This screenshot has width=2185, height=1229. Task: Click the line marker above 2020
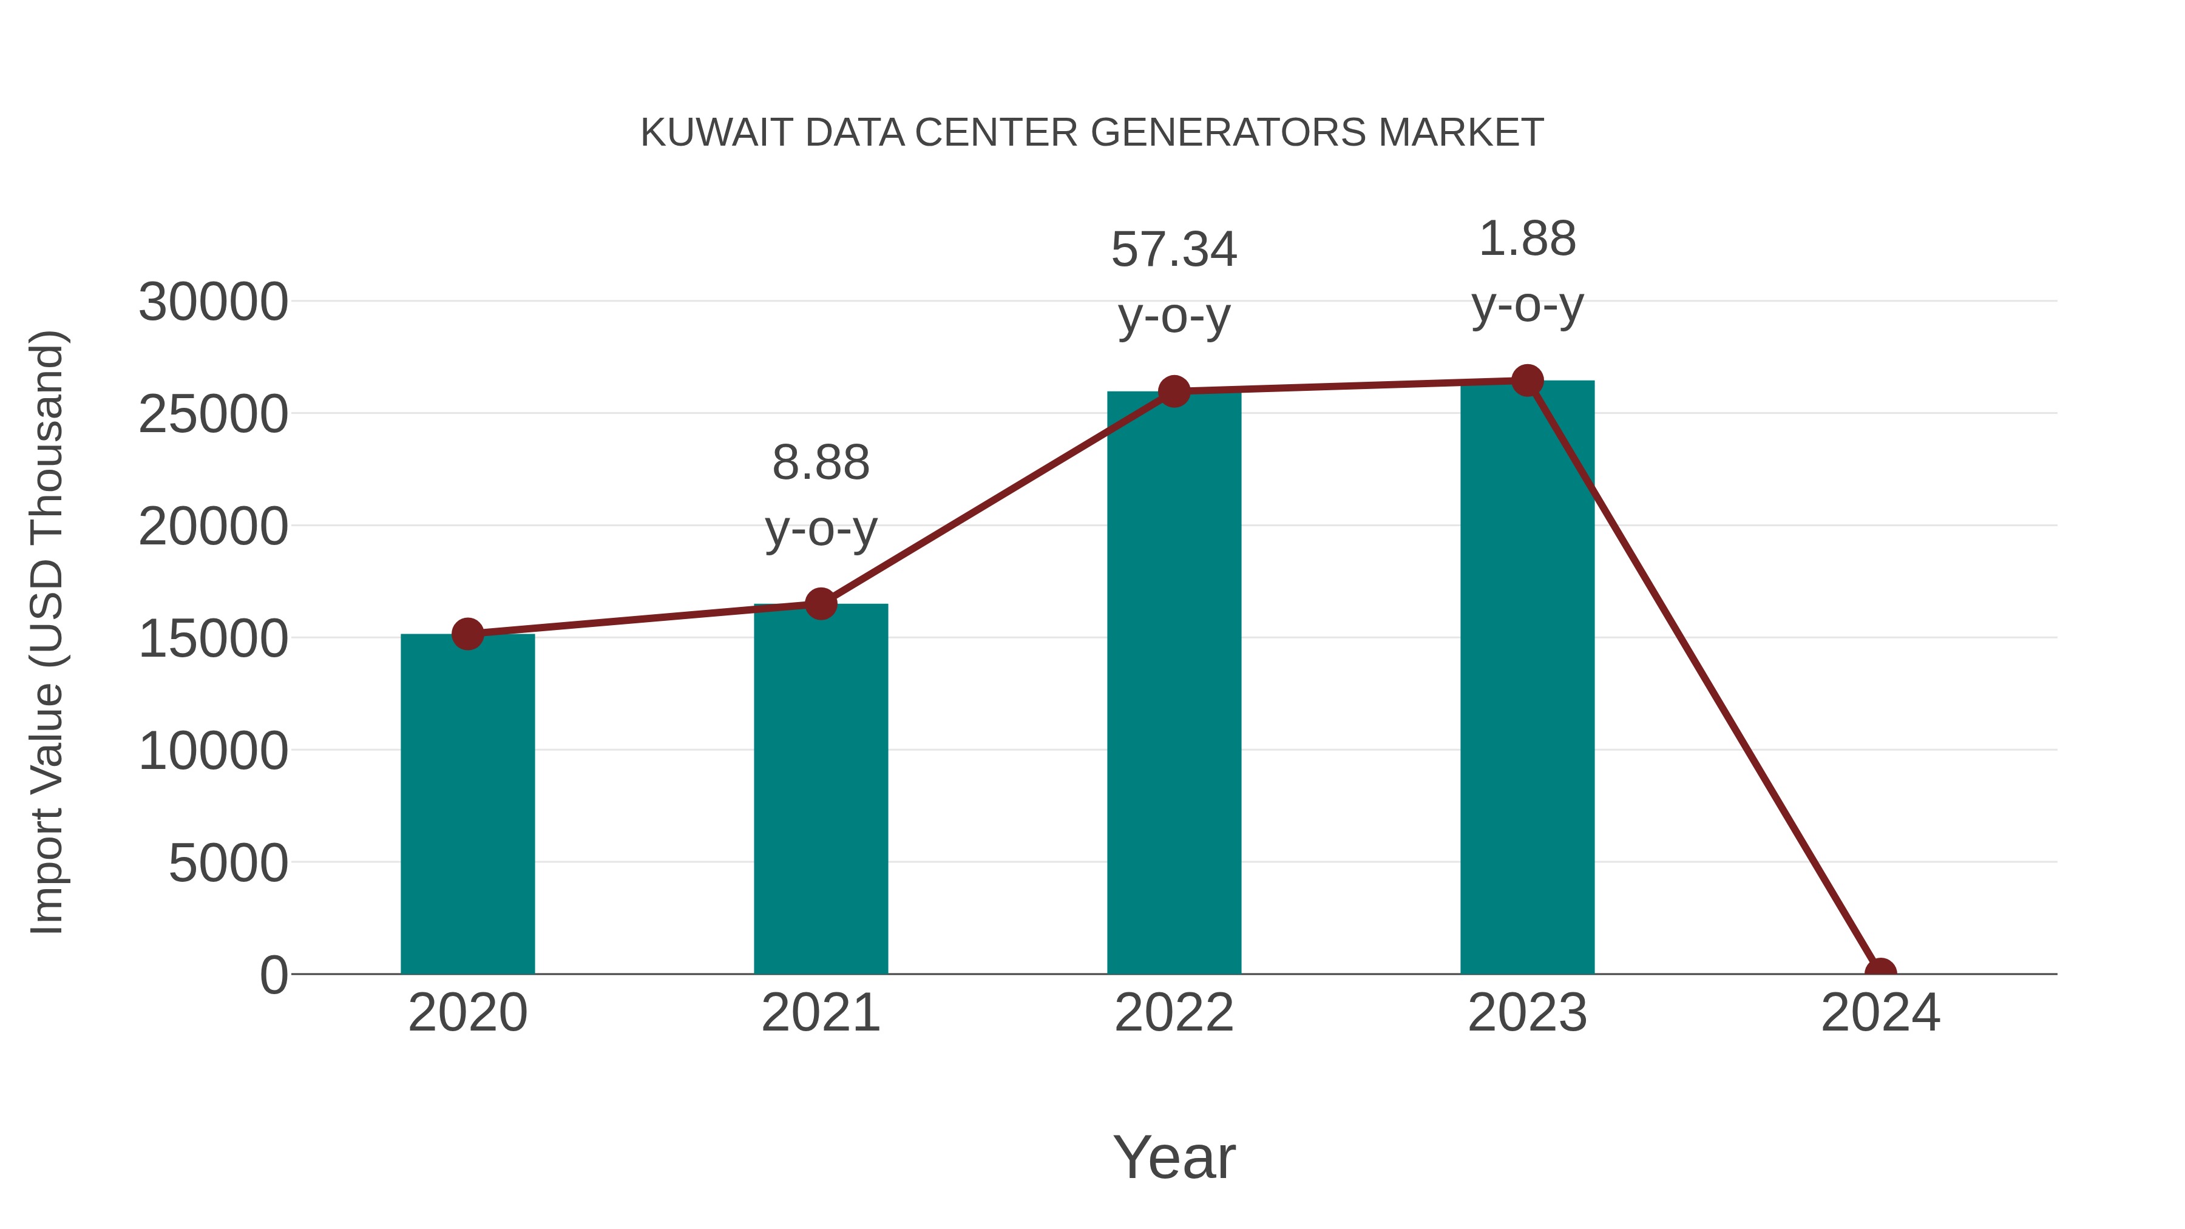click(467, 634)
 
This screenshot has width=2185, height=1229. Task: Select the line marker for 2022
click(1174, 391)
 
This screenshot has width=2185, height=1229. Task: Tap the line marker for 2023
click(1527, 381)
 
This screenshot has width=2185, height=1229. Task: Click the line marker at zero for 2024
click(1880, 972)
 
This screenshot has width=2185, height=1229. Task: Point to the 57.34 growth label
click(1174, 250)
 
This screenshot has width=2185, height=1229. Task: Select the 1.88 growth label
click(1527, 239)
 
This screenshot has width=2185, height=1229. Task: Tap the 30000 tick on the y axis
click(213, 302)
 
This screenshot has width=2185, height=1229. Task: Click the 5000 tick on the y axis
click(228, 864)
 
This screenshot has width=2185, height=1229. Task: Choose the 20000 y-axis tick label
click(213, 527)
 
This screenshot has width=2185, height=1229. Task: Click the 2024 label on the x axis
click(1880, 1013)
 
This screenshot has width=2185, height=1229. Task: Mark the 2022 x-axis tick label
click(1174, 1013)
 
